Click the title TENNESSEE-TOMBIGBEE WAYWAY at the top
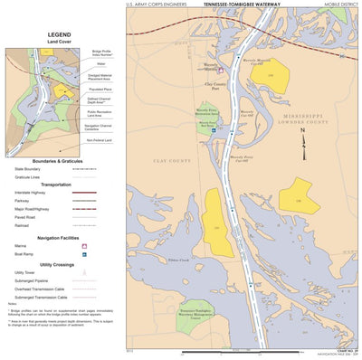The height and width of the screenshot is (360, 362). [240, 5]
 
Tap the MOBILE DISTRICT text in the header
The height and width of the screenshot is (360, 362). [340, 5]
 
